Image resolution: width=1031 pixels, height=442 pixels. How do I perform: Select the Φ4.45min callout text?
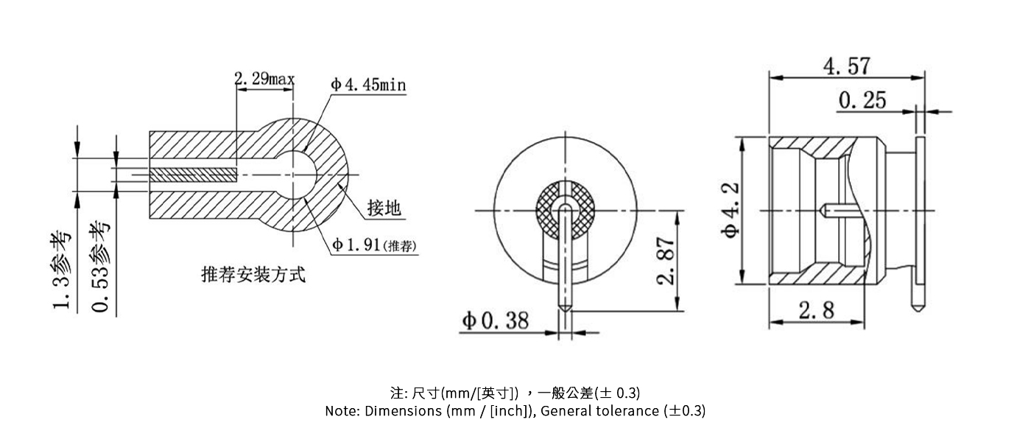tap(368, 85)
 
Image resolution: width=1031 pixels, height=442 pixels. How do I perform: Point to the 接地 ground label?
tap(384, 208)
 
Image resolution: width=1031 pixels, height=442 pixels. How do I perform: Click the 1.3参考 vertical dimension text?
tap(64, 270)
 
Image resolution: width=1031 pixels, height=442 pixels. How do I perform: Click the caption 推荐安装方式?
tap(253, 276)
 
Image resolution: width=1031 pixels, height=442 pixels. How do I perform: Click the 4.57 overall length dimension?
tap(847, 66)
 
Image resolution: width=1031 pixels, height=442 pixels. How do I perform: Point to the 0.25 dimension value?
tap(862, 100)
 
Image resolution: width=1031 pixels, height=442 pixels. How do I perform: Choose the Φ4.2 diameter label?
tap(730, 210)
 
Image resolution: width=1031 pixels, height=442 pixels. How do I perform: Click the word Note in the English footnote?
tap(342, 411)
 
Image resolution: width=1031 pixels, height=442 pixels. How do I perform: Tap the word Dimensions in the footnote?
tap(403, 411)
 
